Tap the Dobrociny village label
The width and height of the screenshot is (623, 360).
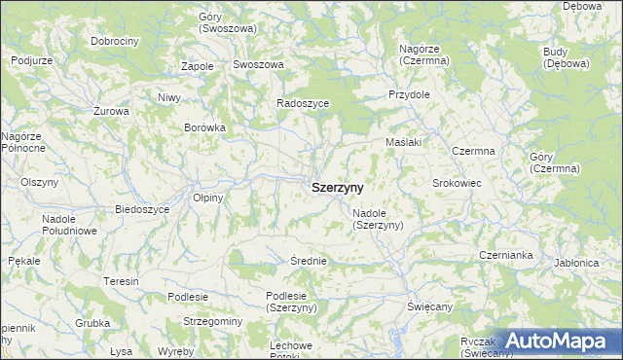point(115,42)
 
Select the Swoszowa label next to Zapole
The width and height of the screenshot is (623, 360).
point(258,64)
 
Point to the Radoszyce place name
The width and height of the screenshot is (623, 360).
point(303,102)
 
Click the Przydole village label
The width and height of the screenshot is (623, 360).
point(409,95)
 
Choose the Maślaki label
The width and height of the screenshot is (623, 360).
point(402,142)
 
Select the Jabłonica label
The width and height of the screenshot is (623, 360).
point(574,263)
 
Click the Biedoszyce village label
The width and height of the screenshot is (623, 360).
point(142,209)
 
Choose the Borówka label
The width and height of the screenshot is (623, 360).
point(204,127)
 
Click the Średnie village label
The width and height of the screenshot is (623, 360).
point(308,261)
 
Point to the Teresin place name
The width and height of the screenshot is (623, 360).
point(122,281)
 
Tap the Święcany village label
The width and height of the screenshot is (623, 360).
point(429,306)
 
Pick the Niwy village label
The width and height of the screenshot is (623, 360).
point(169,97)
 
